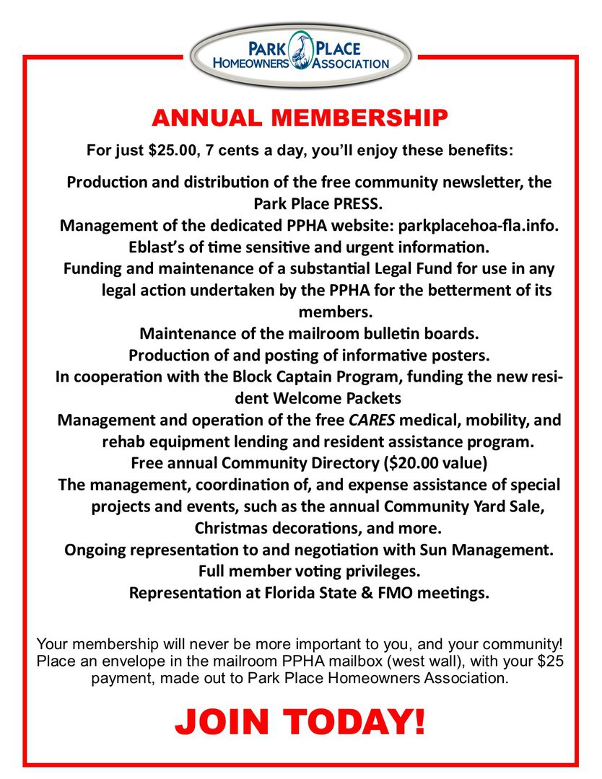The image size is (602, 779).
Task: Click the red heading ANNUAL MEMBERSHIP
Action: [300, 118]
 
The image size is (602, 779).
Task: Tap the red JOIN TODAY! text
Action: [300, 721]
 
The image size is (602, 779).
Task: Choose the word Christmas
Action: [233, 527]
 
